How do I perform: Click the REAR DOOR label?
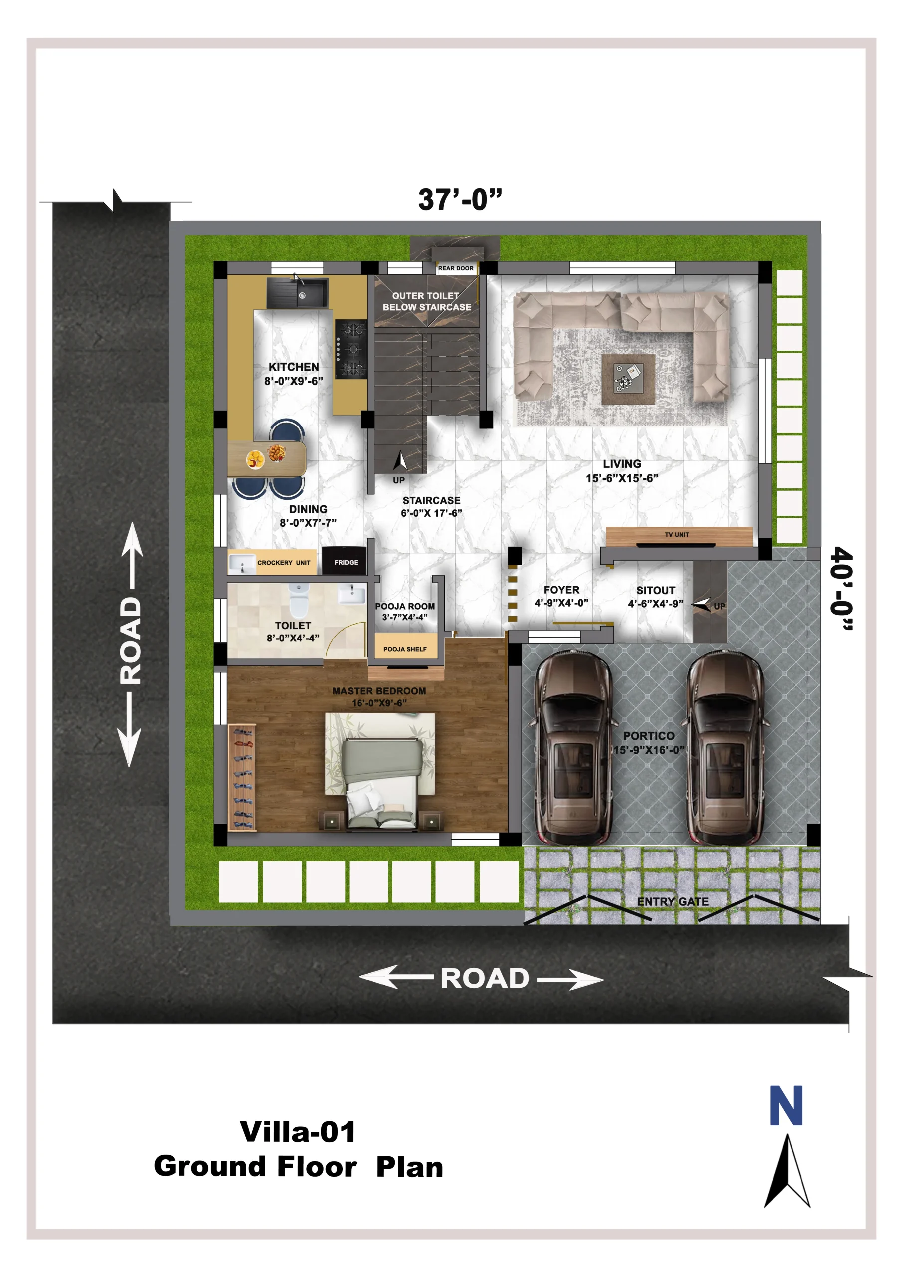[455, 268]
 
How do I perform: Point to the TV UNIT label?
[677, 534]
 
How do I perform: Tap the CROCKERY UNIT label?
[284, 563]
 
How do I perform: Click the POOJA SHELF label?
[405, 649]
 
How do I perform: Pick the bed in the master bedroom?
[381, 782]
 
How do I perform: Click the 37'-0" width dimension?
[460, 199]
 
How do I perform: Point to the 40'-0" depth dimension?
[841, 589]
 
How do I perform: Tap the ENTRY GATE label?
[673, 901]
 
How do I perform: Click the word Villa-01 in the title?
[298, 1132]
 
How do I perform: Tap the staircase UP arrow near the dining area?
[400, 460]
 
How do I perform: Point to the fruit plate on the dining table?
[255, 459]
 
